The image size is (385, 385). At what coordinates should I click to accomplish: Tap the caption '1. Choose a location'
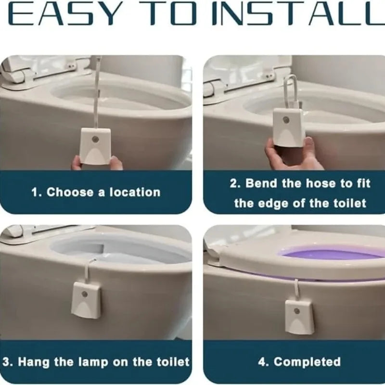click(96, 192)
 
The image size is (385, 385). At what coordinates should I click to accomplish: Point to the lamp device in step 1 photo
click(95, 145)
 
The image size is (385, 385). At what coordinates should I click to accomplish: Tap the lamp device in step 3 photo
click(86, 299)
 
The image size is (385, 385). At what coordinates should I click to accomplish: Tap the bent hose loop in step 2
click(292, 91)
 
